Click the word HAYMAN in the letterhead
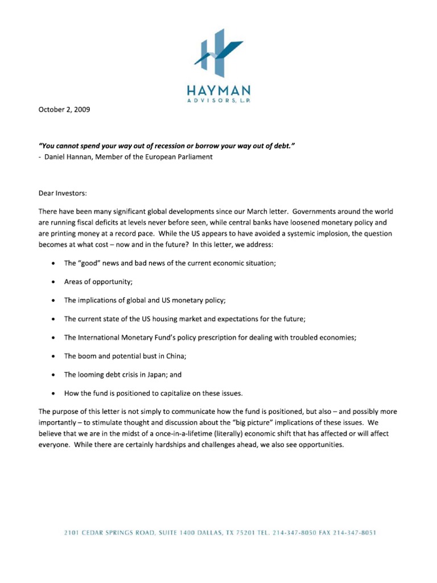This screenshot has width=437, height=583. [218, 91]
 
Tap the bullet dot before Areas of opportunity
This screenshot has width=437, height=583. [53, 282]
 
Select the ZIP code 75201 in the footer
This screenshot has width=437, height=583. [246, 533]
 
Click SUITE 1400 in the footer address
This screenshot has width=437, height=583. [168, 533]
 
